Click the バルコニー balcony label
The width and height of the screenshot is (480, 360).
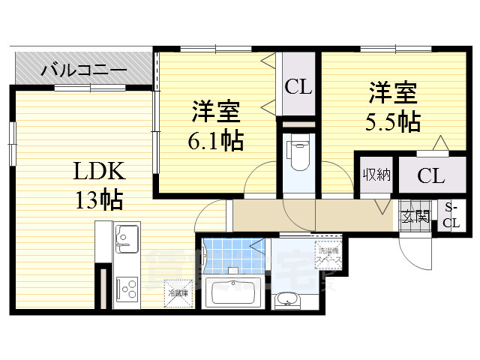[84, 71]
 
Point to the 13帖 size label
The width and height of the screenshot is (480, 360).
[98, 199]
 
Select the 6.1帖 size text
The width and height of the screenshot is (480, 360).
[215, 139]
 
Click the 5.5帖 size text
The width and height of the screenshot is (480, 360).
[393, 121]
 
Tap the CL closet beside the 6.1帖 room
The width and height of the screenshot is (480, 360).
[298, 87]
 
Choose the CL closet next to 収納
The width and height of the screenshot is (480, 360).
[430, 177]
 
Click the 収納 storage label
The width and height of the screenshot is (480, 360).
[376, 175]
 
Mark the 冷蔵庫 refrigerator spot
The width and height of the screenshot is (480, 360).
[178, 292]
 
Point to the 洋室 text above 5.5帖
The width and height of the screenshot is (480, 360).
[392, 94]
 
